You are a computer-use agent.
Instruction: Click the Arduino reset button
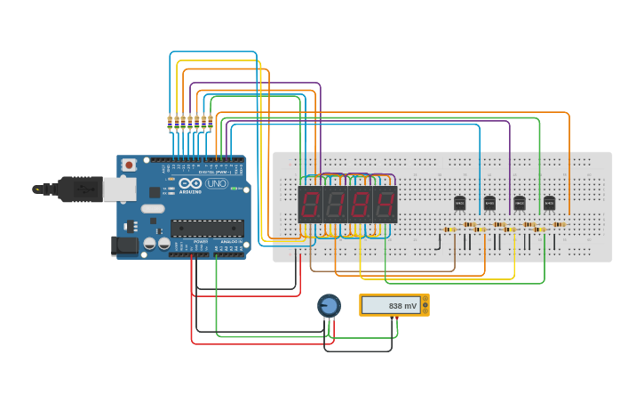click(x=129, y=165)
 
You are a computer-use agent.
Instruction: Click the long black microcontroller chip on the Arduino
click(x=207, y=229)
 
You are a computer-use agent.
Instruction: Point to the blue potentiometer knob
click(x=329, y=306)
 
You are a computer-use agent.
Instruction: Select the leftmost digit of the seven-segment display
click(x=310, y=205)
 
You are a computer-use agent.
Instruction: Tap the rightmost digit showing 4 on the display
click(x=385, y=205)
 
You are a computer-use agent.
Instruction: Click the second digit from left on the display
click(x=335, y=205)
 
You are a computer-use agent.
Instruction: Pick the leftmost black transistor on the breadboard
click(x=459, y=203)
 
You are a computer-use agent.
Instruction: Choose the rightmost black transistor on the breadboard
click(x=549, y=203)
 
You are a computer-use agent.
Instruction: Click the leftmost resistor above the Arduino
click(x=170, y=122)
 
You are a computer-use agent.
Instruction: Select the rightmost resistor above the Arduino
click(x=211, y=122)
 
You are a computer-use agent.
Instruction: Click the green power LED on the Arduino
click(x=234, y=189)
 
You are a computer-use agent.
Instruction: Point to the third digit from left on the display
click(x=360, y=205)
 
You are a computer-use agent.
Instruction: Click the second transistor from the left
click(x=489, y=203)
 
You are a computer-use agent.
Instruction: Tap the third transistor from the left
click(x=519, y=203)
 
